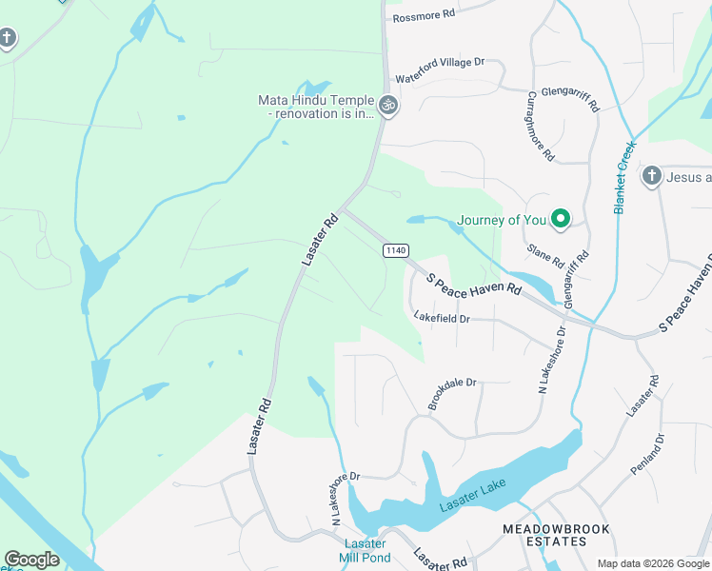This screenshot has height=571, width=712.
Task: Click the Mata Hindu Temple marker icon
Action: point(387,106)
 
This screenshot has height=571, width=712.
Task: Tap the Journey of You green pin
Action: point(561,220)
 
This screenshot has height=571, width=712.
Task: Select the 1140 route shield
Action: point(396,250)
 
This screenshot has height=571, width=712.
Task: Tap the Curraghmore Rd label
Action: point(540,126)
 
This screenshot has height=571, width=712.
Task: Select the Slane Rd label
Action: point(545,254)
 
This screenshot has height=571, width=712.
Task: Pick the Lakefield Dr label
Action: point(442,318)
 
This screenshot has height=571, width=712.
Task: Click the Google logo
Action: point(31,559)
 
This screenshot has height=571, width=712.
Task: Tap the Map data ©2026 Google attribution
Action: point(653,563)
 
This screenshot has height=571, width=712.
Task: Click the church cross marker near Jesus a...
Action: point(651,176)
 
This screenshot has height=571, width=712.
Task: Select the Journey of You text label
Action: point(502,220)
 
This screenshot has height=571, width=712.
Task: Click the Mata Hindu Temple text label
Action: point(318,107)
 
